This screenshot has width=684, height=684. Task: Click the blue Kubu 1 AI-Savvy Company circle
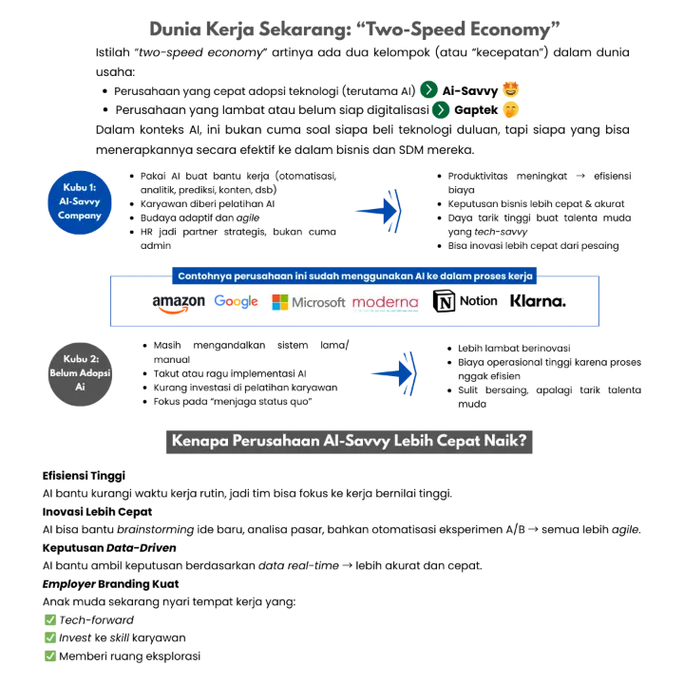pos(80,201)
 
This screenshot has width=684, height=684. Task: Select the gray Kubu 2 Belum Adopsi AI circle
pos(80,376)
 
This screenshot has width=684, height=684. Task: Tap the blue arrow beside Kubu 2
pos(393,375)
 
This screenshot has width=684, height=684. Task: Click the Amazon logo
pos(178,303)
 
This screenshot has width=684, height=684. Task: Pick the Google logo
pos(237,301)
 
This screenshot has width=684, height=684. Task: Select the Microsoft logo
pos(309,302)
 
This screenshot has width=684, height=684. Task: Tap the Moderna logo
pos(385,302)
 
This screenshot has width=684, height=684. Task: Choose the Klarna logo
pos(540,302)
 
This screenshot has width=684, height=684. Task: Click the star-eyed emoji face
pos(513,90)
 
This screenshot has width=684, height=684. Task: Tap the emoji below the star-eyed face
pos(513,111)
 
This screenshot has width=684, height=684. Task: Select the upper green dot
pos(428,89)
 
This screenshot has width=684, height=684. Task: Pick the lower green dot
pos(441,110)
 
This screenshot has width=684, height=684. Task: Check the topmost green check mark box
pos(51,619)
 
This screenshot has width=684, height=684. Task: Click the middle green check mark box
pos(51,637)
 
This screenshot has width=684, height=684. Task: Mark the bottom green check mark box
pos(51,655)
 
